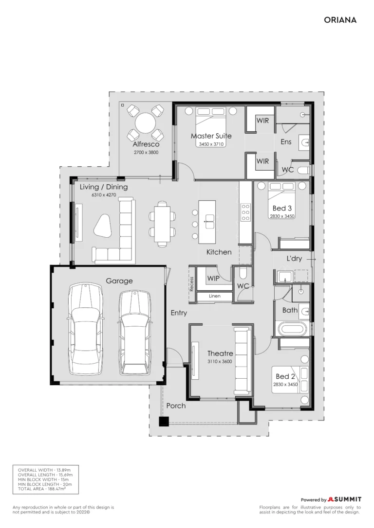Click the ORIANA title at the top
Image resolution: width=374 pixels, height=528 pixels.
click(x=340, y=20)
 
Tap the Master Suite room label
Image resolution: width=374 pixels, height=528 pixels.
click(x=211, y=136)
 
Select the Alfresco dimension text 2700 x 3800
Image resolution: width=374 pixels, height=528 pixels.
click(x=146, y=152)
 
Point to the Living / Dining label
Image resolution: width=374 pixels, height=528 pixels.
click(x=104, y=187)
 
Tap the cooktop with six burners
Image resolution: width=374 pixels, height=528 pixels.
click(x=245, y=212)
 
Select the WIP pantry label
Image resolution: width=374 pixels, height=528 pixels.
click(x=213, y=279)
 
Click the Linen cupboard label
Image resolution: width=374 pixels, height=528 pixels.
click(x=214, y=296)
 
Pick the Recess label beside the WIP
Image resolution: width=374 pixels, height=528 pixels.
click(x=191, y=284)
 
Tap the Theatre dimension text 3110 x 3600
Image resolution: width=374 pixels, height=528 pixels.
click(x=220, y=361)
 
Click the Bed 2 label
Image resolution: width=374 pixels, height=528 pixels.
click(x=285, y=376)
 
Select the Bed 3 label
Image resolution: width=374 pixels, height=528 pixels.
click(x=282, y=209)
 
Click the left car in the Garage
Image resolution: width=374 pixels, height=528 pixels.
click(x=85, y=329)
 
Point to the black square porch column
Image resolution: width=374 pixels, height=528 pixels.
click(x=164, y=422)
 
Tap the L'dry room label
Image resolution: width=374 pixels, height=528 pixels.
click(x=294, y=259)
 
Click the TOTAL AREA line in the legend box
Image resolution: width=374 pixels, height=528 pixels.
click(x=42, y=489)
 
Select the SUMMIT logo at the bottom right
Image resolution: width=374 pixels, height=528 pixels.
click(x=344, y=499)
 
